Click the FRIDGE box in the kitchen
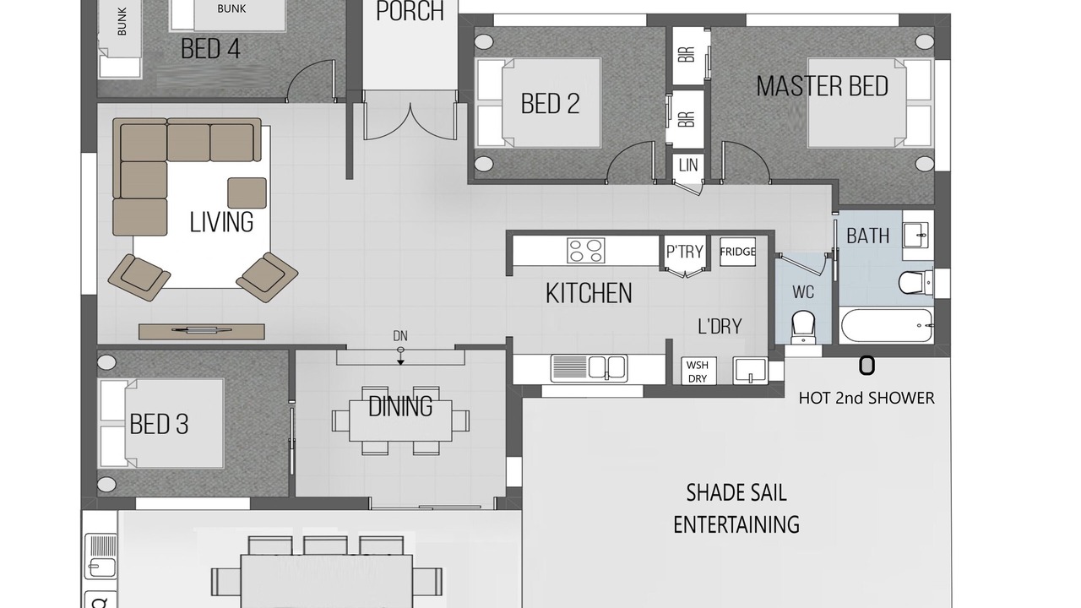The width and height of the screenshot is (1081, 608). coord(737,252)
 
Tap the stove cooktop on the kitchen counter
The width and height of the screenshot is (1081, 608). coord(586,251)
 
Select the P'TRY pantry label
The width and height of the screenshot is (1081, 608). coord(685,252)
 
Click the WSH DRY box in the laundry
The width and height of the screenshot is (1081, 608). coord(698,371)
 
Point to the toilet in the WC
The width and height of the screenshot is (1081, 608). coord(803,326)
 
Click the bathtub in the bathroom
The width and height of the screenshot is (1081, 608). coord(887,325)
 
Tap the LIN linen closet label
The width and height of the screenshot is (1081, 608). coord(688,166)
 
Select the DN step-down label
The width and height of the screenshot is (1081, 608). coord(400,336)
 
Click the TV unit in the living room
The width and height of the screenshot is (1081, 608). coord(202,331)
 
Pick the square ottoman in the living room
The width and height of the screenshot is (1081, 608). coord(247,193)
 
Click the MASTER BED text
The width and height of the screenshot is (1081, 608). coord(823,86)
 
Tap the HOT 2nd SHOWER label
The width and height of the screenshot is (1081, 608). coord(866,398)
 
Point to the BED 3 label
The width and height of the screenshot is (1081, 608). coord(159,424)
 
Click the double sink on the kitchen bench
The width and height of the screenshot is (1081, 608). coord(589,368)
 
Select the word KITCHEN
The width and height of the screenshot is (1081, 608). coord(589,293)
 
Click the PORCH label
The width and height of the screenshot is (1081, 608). coord(410,11)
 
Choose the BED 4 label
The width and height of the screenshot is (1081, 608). coord(210,49)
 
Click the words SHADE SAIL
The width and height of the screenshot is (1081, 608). coord(736,492)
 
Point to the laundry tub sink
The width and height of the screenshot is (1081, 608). coord(750,370)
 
